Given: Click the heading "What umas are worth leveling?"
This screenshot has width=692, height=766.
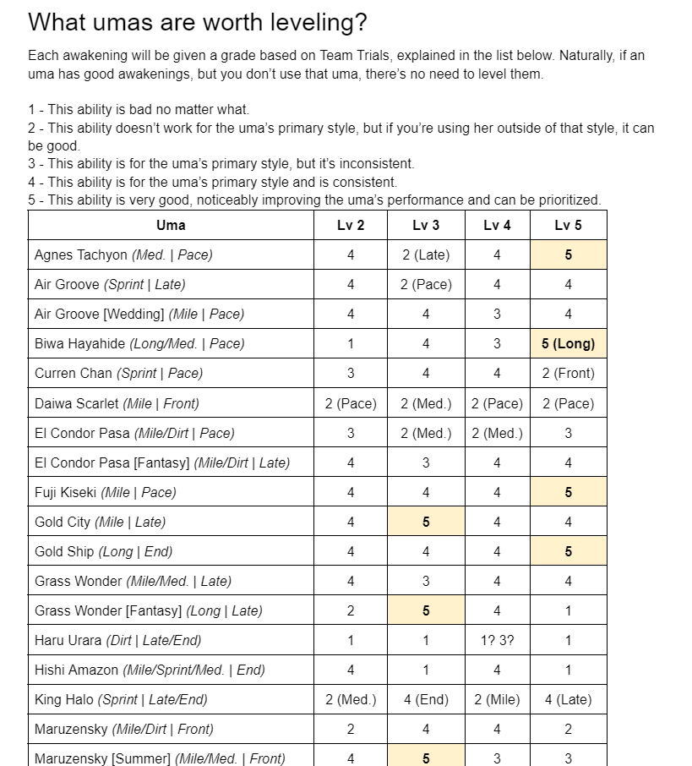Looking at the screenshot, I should pyautogui.click(x=197, y=22).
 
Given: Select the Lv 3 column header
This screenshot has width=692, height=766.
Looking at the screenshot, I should pyautogui.click(x=426, y=225).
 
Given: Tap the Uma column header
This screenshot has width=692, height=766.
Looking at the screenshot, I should pyautogui.click(x=171, y=225).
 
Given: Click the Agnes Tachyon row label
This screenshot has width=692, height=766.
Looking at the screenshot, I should pyautogui.click(x=123, y=254).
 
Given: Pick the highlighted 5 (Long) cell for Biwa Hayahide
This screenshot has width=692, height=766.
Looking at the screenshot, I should pyautogui.click(x=568, y=343).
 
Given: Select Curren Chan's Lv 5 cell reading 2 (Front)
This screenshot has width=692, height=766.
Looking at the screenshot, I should pyautogui.click(x=568, y=373).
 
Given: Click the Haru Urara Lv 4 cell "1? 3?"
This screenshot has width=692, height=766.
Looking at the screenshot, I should pyautogui.click(x=497, y=640).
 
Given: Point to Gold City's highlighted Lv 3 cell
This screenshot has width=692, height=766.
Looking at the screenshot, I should pyautogui.click(x=426, y=522).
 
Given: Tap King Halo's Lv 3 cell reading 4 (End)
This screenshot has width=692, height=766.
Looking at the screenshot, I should pyautogui.click(x=426, y=699).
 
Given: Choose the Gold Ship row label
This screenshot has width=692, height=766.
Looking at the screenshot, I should pyautogui.click(x=103, y=551).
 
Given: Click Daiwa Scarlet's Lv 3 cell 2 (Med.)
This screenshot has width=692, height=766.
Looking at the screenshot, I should pyautogui.click(x=426, y=403).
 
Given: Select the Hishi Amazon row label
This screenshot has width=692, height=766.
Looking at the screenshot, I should pyautogui.click(x=150, y=670).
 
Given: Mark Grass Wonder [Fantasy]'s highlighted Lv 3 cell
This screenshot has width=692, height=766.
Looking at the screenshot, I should pyautogui.click(x=426, y=610).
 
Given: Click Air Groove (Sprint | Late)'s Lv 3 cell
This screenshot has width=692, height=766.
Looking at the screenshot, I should pyautogui.click(x=426, y=284).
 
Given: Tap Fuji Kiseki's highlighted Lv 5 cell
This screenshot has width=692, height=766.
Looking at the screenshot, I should pyautogui.click(x=568, y=492).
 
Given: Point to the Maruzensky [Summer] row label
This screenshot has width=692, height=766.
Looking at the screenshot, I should pyautogui.click(x=160, y=758).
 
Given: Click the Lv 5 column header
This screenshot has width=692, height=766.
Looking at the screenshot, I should pyautogui.click(x=568, y=225).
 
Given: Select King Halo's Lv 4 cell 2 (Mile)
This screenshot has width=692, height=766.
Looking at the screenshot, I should pyautogui.click(x=497, y=699).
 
